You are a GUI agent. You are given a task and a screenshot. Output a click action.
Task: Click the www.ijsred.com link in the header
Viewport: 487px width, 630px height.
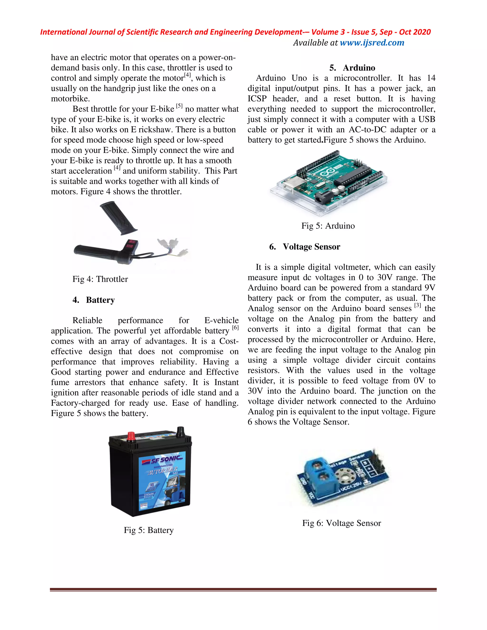click(x=372, y=43)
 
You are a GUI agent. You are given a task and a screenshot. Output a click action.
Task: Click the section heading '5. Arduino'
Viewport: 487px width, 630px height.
click(x=352, y=68)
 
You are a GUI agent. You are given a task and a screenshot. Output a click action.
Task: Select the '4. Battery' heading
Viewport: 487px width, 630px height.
click(x=93, y=300)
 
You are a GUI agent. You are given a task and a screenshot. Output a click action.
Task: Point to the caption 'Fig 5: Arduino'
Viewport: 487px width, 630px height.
click(x=328, y=226)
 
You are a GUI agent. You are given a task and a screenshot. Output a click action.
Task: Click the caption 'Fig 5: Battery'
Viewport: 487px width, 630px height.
click(x=149, y=530)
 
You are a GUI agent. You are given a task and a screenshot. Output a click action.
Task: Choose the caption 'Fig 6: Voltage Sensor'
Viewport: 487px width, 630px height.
click(x=342, y=523)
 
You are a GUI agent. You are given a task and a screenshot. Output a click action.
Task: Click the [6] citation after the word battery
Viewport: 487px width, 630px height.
click(x=235, y=327)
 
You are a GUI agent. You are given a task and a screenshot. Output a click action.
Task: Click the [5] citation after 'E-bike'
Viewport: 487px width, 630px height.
click(x=179, y=106)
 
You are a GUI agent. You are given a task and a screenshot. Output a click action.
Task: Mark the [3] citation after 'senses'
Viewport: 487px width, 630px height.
click(x=418, y=305)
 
